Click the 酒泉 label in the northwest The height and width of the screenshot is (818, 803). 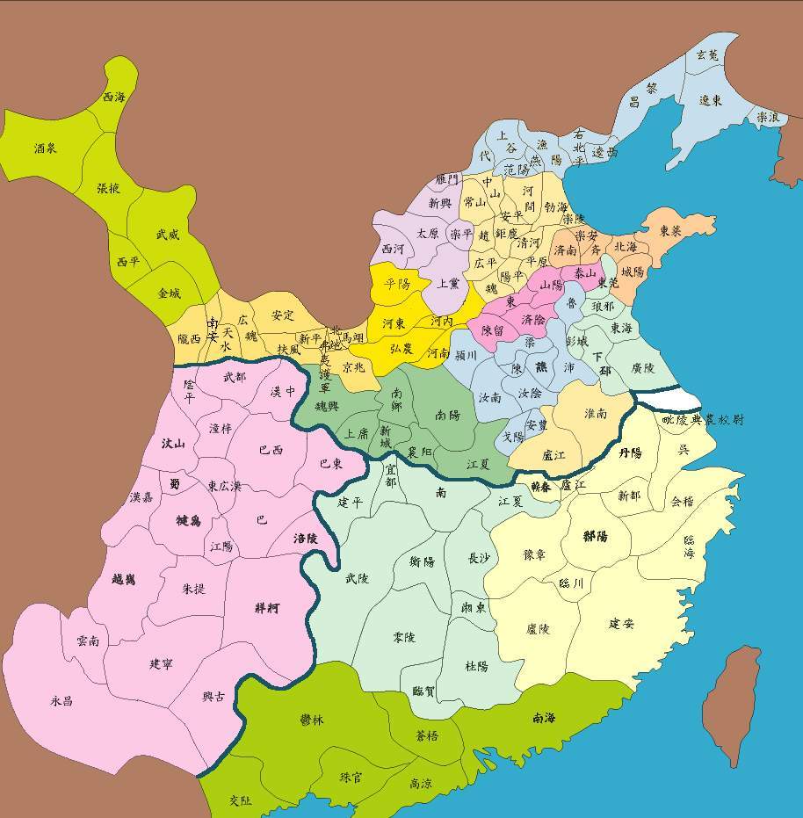coord(45,148)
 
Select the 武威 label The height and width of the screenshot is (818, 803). coord(167,235)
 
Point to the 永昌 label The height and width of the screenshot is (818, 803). coord(61,701)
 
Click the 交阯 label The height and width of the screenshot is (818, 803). coord(240,800)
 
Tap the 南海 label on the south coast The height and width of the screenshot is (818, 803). coord(544,718)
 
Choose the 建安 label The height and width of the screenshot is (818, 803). coord(621,623)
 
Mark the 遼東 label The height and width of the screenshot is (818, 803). coord(711,100)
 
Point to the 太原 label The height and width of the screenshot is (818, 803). coord(427,235)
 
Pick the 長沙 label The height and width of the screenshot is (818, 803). coord(479,558)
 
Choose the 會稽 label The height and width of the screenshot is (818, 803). coord(683,502)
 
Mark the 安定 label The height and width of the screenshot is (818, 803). coord(282,315)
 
